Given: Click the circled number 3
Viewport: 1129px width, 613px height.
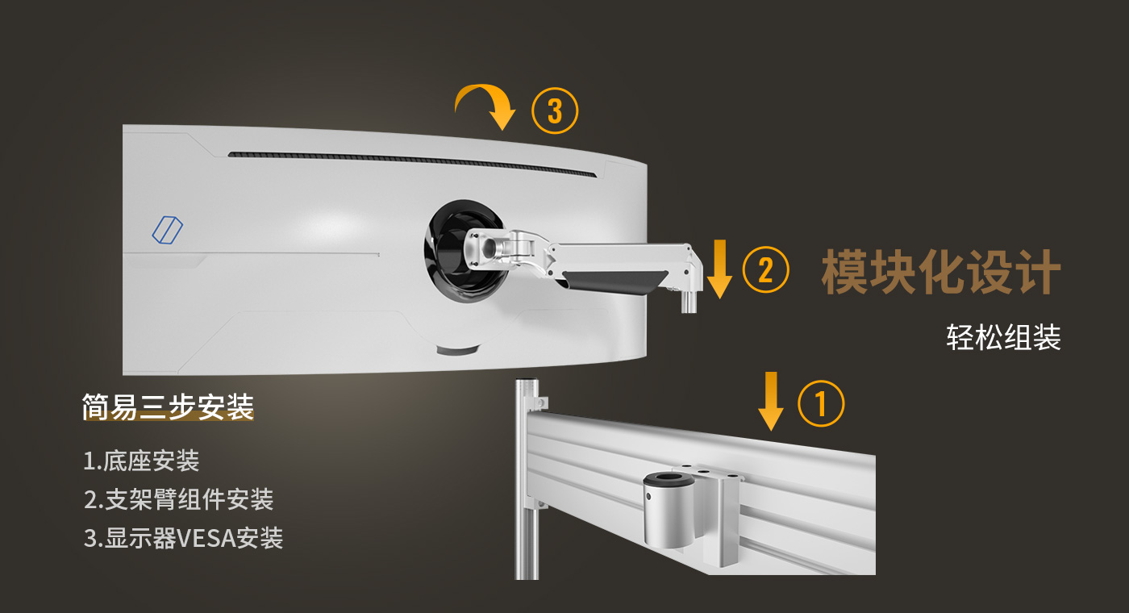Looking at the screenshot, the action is pos(555,111).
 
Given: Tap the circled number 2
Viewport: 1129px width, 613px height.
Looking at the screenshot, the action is pos(765,269).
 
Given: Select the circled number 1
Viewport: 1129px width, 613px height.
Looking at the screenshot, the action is pos(821,404).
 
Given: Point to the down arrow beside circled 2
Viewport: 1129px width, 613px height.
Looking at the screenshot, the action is pos(719,269).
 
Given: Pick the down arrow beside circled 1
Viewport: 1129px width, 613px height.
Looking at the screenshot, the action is pos(771,402).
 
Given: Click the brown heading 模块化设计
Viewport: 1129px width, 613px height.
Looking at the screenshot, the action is pos(941,272).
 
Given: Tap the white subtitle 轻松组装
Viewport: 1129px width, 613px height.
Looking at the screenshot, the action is pos(1003,337).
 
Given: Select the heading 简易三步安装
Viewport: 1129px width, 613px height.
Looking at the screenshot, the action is pos(168,407).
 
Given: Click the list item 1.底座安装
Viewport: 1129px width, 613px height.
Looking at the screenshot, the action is pos(141,461).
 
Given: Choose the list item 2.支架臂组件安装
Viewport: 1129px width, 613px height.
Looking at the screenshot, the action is pos(178,499).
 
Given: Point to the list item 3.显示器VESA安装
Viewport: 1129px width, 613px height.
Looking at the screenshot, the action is pos(184,538).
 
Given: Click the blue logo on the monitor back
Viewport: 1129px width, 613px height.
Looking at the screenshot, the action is pos(168,230).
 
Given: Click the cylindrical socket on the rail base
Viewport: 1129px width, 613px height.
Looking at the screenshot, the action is pos(669,510).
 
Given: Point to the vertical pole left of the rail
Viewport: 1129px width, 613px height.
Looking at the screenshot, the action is pos(526,479).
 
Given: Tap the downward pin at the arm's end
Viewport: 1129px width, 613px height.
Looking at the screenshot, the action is pos(689,302).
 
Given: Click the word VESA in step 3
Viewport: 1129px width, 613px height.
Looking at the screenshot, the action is pos(207,539).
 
